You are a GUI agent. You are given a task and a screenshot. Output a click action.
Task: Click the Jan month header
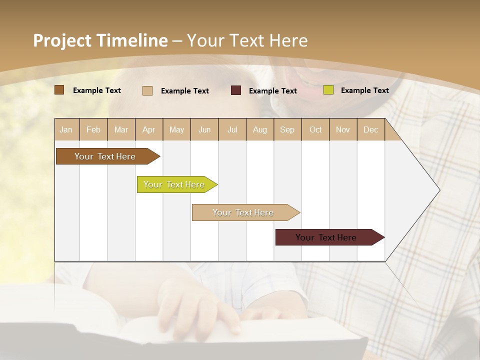(x=66, y=129)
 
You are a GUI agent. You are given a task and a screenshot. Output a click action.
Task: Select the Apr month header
(x=148, y=129)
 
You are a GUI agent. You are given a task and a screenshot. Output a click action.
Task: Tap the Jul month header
(x=232, y=129)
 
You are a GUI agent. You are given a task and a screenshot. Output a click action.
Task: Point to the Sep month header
(x=287, y=129)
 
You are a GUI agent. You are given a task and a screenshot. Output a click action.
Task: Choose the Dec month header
(x=370, y=129)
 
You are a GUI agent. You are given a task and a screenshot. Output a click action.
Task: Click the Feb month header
(x=93, y=129)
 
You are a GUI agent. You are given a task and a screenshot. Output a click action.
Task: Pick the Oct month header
(x=315, y=129)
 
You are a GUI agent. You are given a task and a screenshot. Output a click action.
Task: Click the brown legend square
(x=59, y=90)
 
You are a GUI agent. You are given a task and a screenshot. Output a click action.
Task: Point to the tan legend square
(x=147, y=90)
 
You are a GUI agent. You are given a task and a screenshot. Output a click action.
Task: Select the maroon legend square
(x=236, y=90)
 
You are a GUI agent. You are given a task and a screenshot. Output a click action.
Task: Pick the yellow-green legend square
(x=328, y=90)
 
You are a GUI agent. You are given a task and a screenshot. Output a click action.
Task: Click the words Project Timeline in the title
(x=100, y=40)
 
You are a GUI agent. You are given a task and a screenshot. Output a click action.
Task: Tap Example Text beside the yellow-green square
(x=364, y=90)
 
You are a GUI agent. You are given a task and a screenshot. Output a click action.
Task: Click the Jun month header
(x=204, y=129)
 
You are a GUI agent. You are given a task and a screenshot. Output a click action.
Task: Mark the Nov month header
(x=342, y=129)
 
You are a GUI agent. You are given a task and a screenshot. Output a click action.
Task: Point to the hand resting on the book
(x=200, y=302)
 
